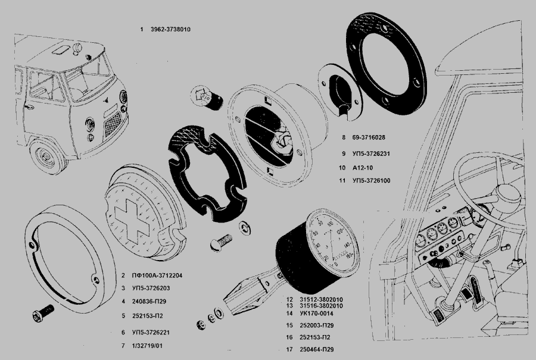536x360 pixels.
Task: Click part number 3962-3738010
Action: tap(169, 29)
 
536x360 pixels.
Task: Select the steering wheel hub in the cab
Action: tap(509, 193)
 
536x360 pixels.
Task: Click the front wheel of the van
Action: tap(46, 156)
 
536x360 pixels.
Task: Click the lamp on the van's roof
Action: tap(61, 52)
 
